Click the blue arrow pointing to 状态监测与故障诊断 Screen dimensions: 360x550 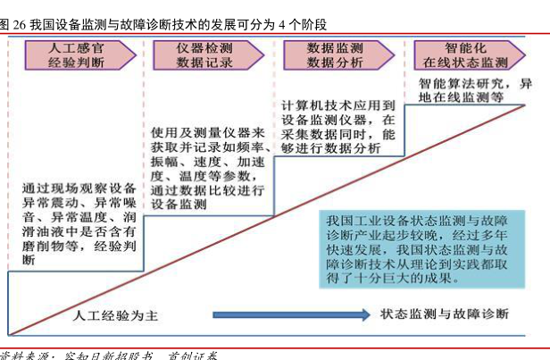coord(291,314)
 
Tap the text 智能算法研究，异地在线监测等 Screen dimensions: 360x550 coord(473,90)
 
